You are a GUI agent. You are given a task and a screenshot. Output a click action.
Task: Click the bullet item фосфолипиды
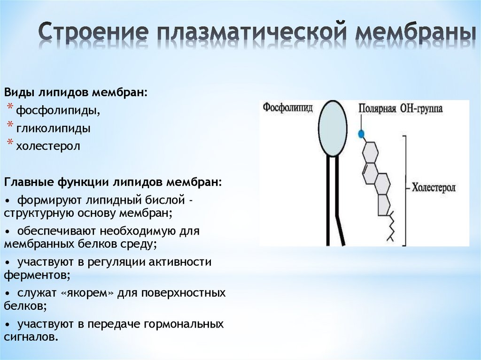coord(58,111)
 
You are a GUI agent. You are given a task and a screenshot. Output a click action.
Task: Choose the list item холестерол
coord(48,146)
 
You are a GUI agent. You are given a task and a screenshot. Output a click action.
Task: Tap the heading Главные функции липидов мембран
coord(113,182)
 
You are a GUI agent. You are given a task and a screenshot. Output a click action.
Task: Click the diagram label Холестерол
coord(433,188)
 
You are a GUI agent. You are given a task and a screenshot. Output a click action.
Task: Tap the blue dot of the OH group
coord(361,134)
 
